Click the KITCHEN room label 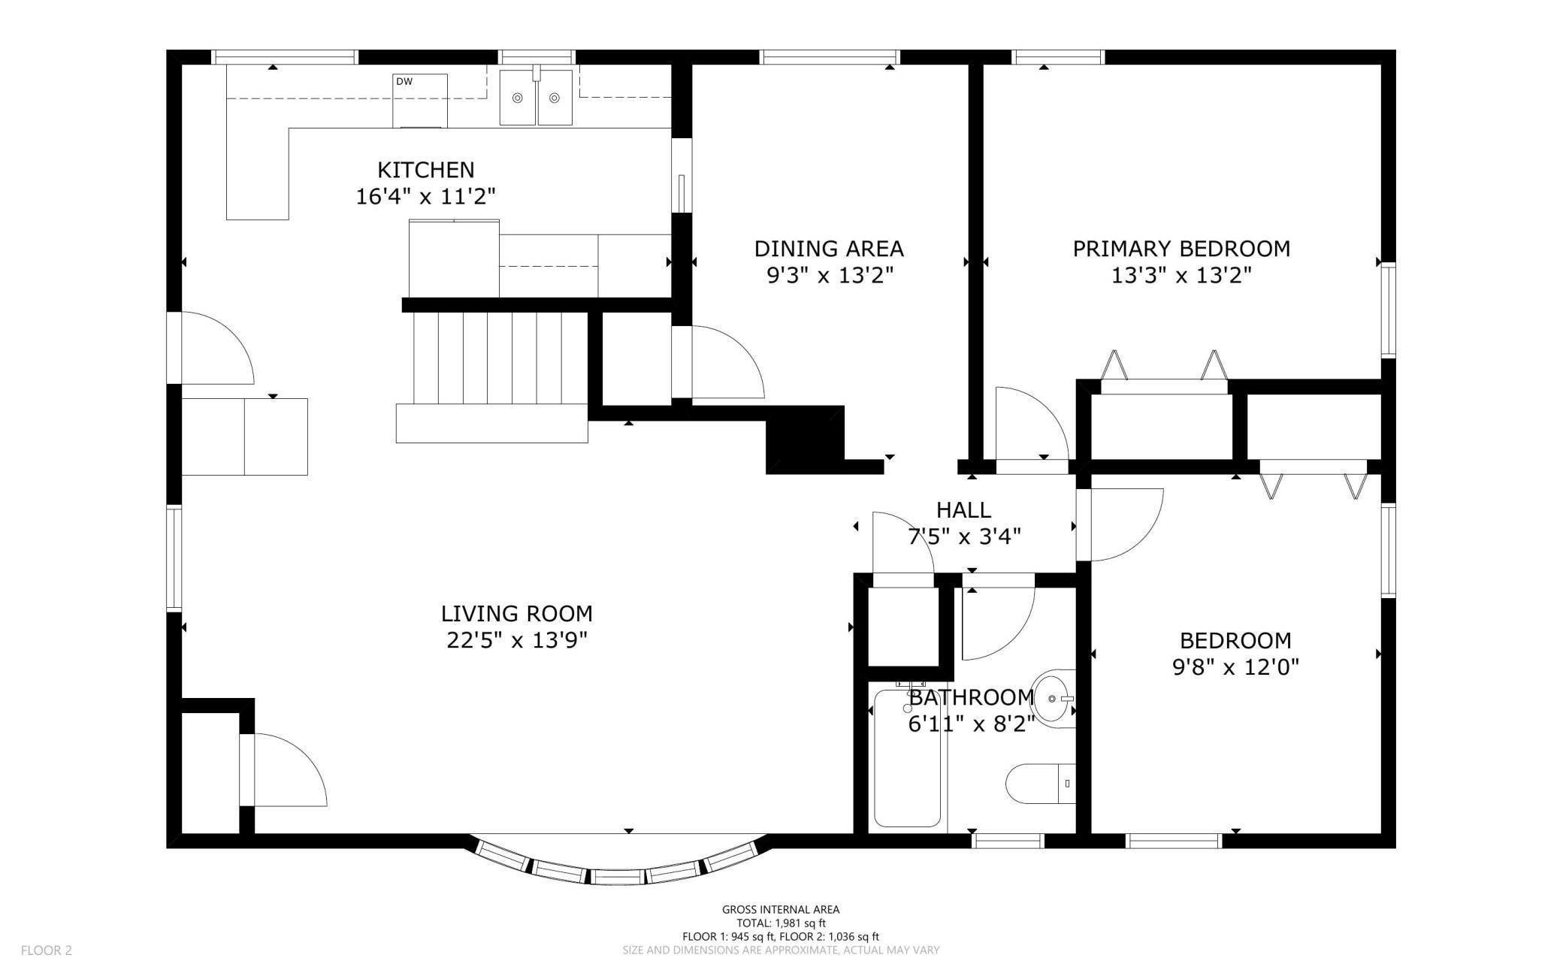pyautogui.click(x=425, y=170)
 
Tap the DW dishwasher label pyautogui.click(x=404, y=82)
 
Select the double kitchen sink pyautogui.click(x=537, y=97)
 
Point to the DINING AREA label pyautogui.click(x=829, y=249)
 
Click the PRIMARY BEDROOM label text pyautogui.click(x=1181, y=249)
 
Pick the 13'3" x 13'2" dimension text pyautogui.click(x=1181, y=276)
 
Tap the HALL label pyautogui.click(x=963, y=510)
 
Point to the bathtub pyautogui.click(x=908, y=757)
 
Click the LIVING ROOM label pyautogui.click(x=517, y=614)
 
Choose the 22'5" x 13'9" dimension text pyautogui.click(x=517, y=641)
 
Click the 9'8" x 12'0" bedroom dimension pyautogui.click(x=1235, y=667)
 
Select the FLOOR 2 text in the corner pyautogui.click(x=47, y=950)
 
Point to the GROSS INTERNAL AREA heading pyautogui.click(x=781, y=910)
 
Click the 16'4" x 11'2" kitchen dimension pyautogui.click(x=425, y=197)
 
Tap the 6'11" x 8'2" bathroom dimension pyautogui.click(x=972, y=724)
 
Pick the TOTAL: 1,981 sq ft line pyautogui.click(x=781, y=923)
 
